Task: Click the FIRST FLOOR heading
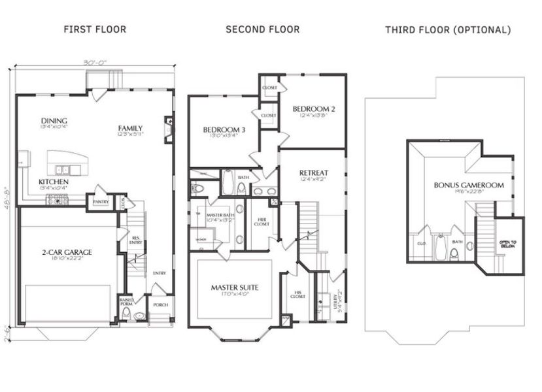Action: coord(94,29)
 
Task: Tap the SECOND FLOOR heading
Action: coord(262,29)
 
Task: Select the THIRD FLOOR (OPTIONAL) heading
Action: coord(448,30)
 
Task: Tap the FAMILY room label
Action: coord(130,128)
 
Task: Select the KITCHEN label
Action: coord(53,182)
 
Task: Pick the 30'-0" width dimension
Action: coord(94,63)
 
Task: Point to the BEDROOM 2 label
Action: coord(313,108)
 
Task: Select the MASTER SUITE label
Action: coord(233,287)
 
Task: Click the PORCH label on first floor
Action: coord(161,304)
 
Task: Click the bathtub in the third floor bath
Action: coord(441,247)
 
